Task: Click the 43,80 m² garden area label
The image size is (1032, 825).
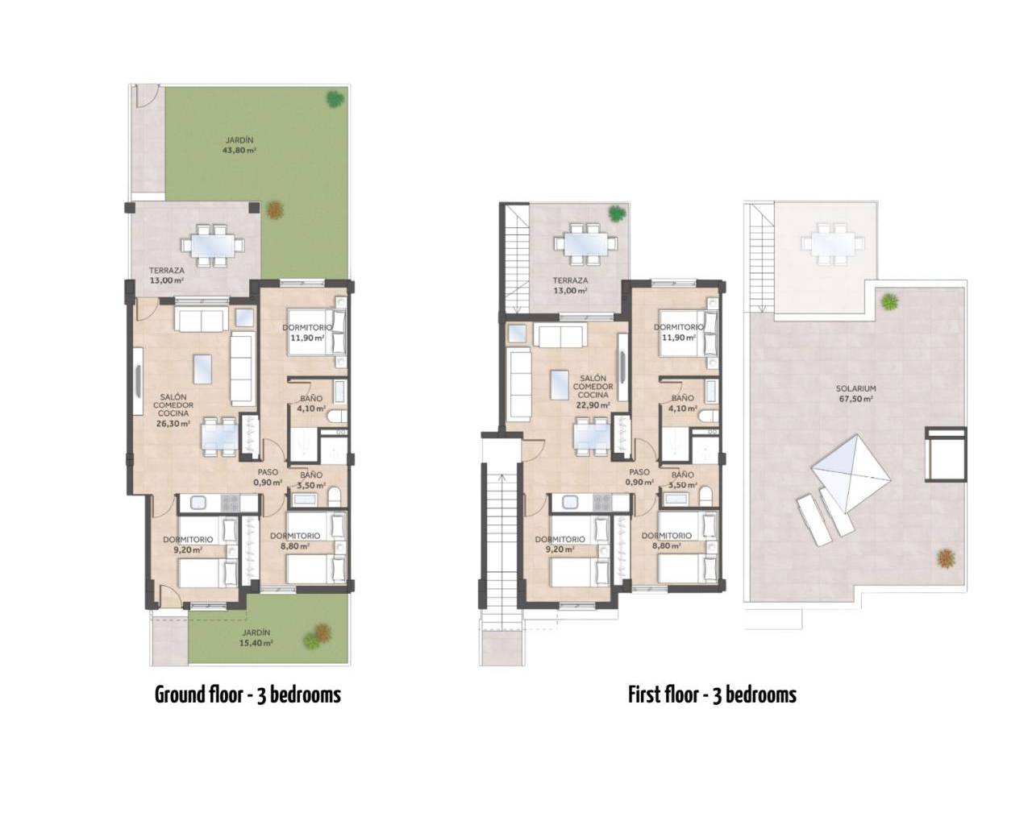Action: click(x=240, y=145)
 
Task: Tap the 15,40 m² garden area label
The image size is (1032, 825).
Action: click(x=256, y=637)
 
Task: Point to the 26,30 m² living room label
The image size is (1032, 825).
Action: click(x=173, y=410)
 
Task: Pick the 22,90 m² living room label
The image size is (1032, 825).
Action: click(x=593, y=392)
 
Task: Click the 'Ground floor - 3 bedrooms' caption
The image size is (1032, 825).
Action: click(x=248, y=694)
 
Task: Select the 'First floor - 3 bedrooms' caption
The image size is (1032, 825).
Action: click(x=712, y=694)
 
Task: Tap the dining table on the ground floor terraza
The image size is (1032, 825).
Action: click(x=212, y=245)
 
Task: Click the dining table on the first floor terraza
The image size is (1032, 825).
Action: click(x=585, y=244)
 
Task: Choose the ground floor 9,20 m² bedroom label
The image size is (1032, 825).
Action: click(x=188, y=545)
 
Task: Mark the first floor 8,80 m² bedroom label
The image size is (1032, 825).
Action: click(x=667, y=541)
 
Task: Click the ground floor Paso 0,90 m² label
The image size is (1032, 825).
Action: click(x=268, y=478)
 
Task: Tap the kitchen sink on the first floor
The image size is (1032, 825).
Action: click(x=571, y=503)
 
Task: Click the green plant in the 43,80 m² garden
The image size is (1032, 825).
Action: click(x=335, y=99)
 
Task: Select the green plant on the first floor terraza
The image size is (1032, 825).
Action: click(x=617, y=213)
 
